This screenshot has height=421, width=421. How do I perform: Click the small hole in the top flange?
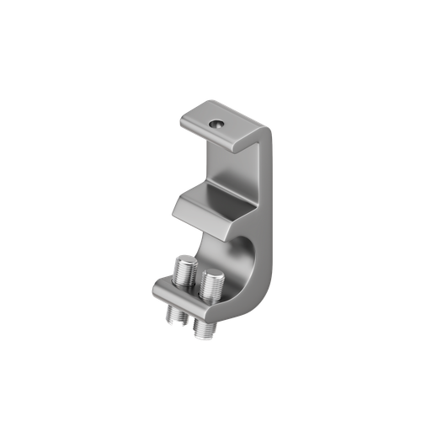pos(217,122)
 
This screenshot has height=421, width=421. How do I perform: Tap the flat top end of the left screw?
pos(186,262)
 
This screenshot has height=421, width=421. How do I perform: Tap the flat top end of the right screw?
pos(212,273)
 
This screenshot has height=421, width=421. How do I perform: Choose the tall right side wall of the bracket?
pos(268,210)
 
